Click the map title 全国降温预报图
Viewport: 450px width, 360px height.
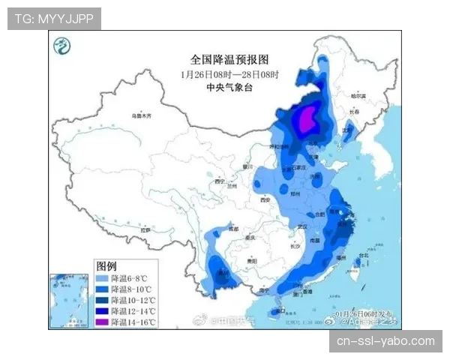(229, 59)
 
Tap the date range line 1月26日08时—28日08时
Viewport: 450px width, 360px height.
(229, 74)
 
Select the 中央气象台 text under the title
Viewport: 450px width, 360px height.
(229, 88)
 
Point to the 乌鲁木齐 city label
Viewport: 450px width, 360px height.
(141, 116)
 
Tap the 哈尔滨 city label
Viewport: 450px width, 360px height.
(360, 96)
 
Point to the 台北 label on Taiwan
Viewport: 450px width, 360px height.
(364, 256)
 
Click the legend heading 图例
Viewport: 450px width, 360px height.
(106, 266)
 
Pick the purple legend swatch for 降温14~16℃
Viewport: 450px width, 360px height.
(102, 322)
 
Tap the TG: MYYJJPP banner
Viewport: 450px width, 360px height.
(54, 19)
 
